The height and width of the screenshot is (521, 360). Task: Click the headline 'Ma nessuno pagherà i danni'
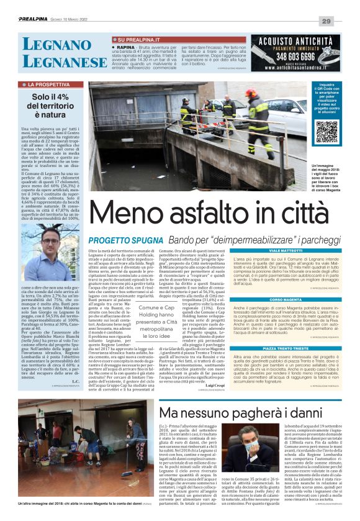pos(241,413)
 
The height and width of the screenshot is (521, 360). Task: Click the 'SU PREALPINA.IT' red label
pos(135,40)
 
